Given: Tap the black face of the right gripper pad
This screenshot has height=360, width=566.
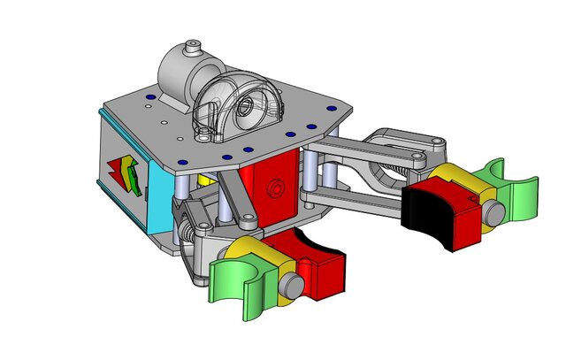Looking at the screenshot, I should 426,216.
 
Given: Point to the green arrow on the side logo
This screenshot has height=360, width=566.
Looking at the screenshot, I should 132,172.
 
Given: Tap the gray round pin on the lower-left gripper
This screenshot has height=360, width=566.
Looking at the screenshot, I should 289,285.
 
